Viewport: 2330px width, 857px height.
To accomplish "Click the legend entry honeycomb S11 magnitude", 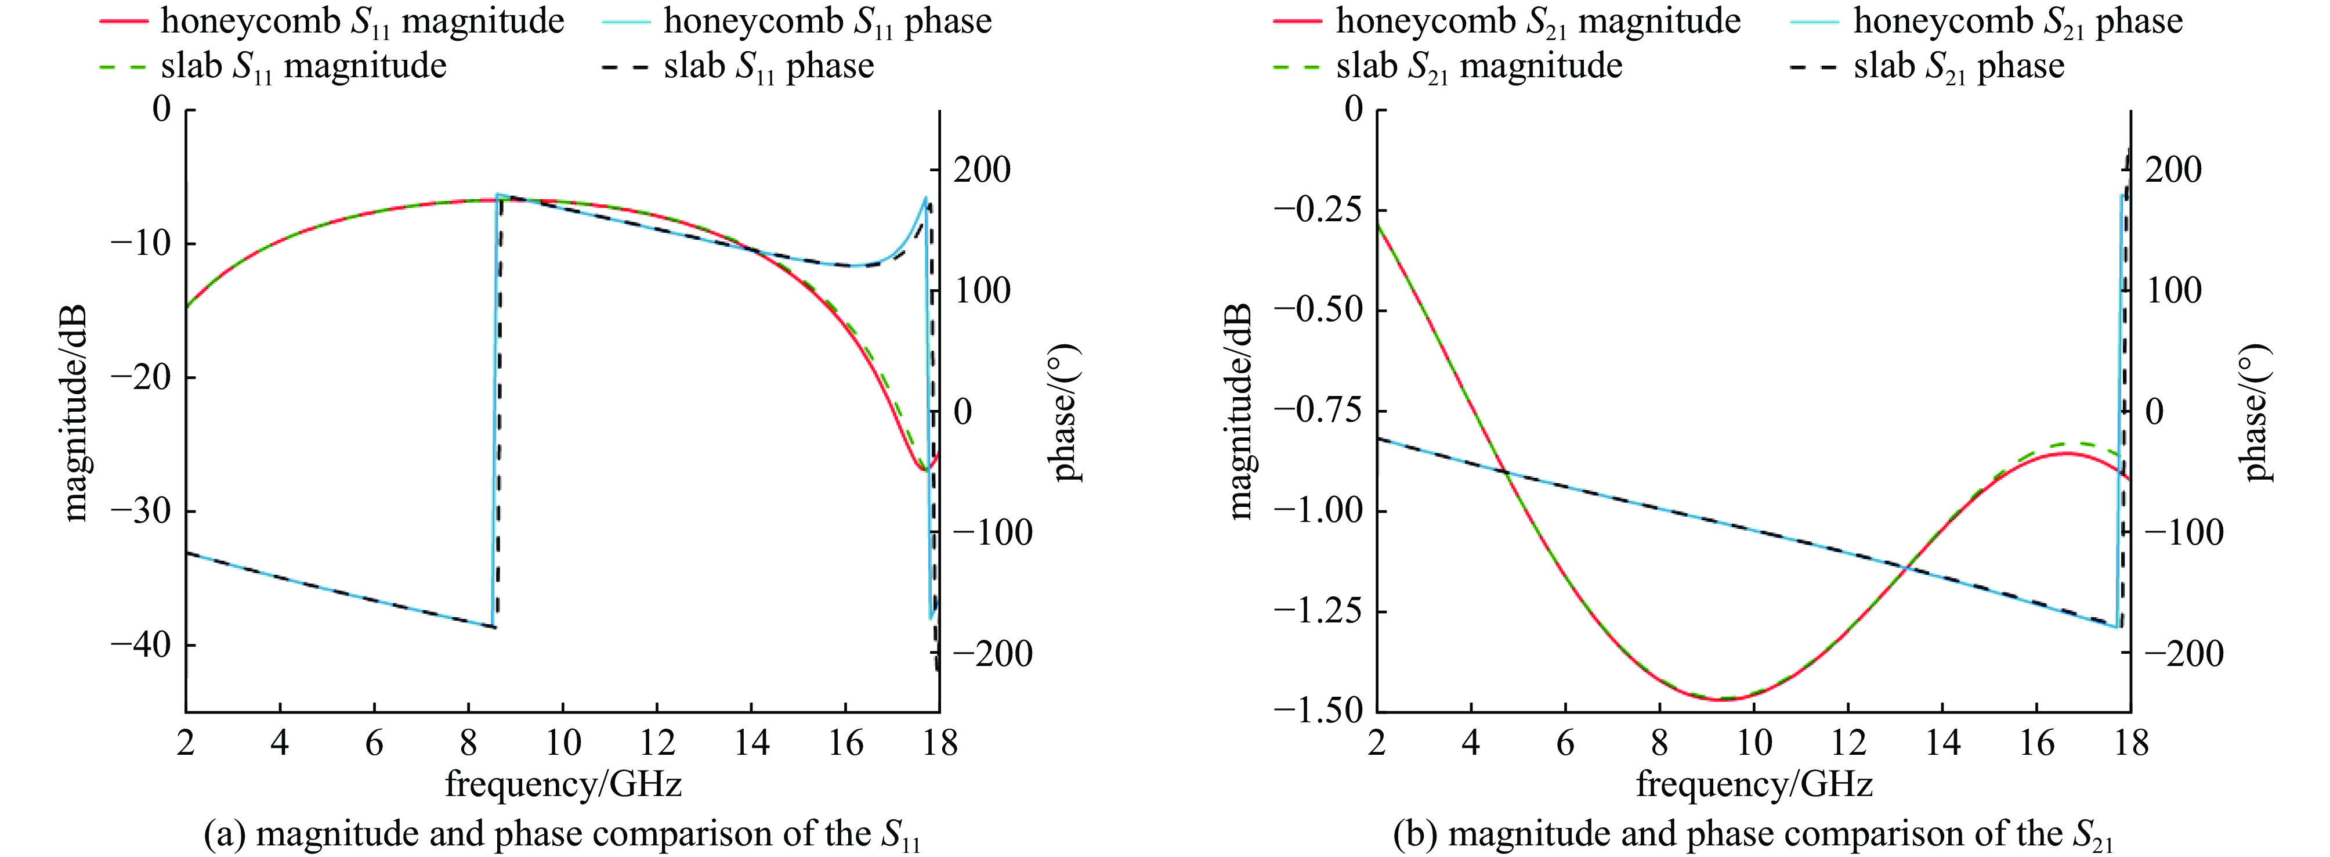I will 362,21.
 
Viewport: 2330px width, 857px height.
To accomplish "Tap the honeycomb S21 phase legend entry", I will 2018,21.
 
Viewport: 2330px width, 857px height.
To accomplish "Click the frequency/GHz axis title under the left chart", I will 563,784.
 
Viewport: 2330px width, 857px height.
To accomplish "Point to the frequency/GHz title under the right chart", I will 1754,784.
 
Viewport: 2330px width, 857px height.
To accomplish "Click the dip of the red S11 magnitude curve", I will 922,469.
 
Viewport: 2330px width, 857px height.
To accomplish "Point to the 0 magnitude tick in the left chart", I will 161,110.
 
